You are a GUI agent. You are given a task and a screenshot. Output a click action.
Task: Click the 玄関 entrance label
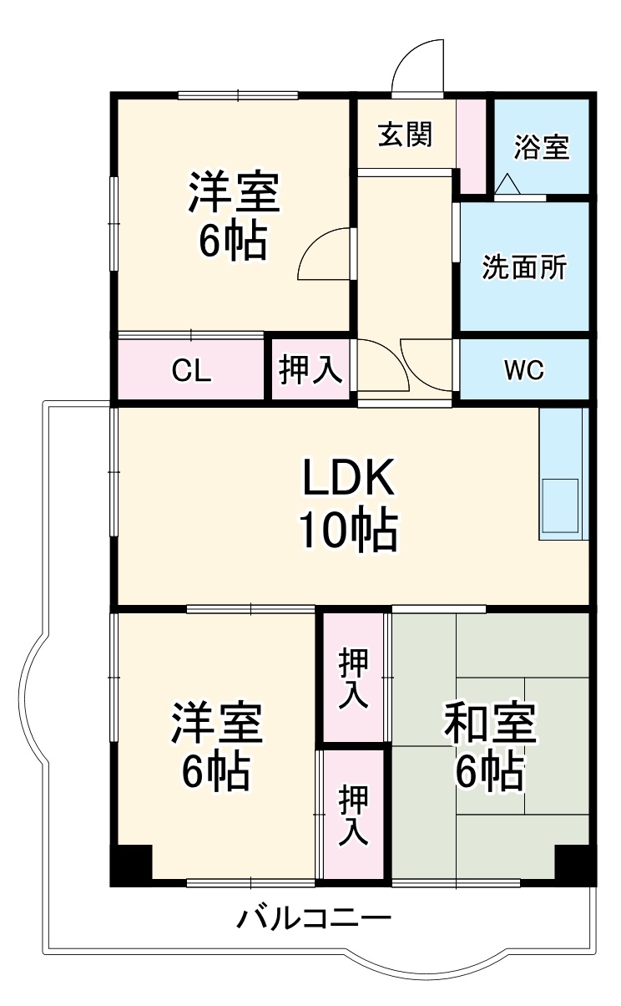tap(406, 135)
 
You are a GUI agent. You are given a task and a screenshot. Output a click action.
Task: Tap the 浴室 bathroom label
tap(542, 148)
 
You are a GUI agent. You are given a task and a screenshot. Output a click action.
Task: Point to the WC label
tap(525, 370)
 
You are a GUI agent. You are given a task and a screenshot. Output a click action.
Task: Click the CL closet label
tap(191, 371)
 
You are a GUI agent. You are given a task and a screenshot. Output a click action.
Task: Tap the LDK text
tap(346, 479)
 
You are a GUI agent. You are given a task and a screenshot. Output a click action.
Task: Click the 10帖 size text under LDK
tap(348, 531)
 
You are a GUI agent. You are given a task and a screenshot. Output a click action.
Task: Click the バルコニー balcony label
tap(314, 920)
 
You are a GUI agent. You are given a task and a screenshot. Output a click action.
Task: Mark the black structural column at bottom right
tap(574, 864)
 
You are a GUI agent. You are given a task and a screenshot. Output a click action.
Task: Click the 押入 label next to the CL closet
tap(310, 370)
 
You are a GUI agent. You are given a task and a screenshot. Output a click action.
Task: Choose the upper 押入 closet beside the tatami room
tap(354, 678)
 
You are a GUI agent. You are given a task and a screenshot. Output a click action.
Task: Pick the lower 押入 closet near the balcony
tap(354, 815)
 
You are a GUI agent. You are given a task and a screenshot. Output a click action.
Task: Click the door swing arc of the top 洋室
tap(324, 255)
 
